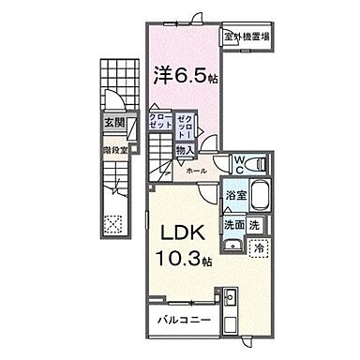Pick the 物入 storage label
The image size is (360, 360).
pos(186,150)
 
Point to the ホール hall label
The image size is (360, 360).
pos(196,172)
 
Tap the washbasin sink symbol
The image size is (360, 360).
pos(233,246)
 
